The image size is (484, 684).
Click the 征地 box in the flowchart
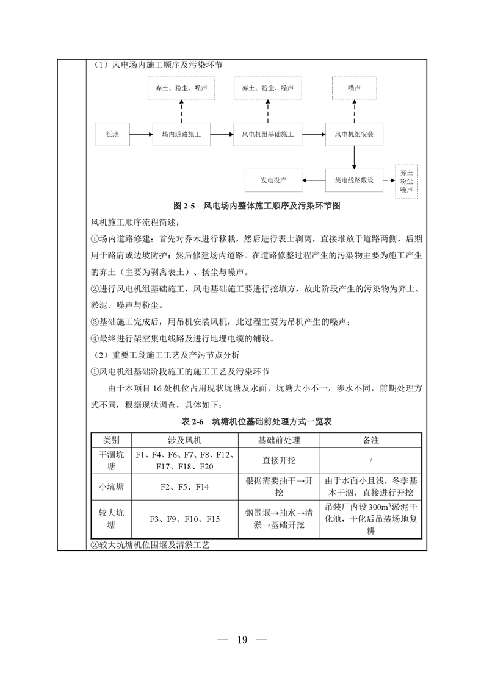112,134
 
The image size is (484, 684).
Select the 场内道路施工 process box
181,134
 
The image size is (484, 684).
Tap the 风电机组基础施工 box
267,134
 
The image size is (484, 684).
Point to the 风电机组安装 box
354,134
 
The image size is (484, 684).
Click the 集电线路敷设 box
354,180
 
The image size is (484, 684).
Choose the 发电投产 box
274,180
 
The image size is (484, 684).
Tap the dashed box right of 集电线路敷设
406,181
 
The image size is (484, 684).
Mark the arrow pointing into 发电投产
314,180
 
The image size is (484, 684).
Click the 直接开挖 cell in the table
280,460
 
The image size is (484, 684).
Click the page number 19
242,639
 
